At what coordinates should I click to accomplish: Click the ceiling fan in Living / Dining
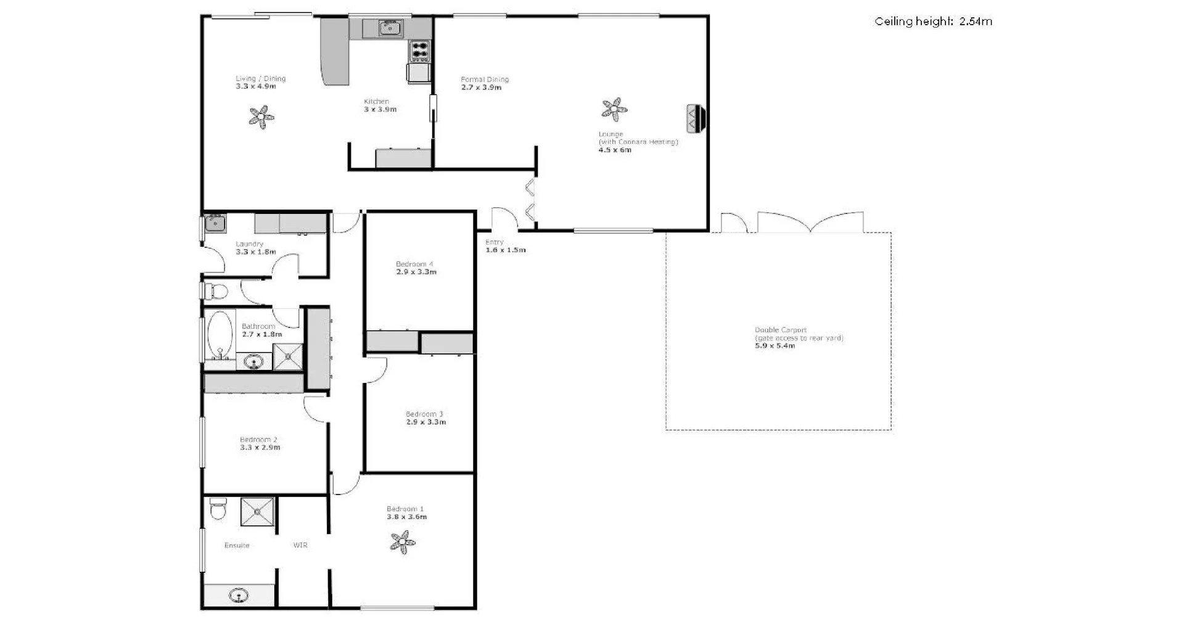[261, 117]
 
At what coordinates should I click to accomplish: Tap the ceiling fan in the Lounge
[614, 110]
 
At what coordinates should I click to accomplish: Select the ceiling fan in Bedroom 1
[403, 543]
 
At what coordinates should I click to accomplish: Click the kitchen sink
[390, 28]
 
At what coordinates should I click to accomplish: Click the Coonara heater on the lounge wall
[696, 118]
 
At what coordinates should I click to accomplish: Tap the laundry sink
[215, 222]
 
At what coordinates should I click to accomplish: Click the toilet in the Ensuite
[218, 509]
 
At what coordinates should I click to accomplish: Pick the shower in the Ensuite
[257, 512]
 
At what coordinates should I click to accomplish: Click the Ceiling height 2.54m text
[933, 22]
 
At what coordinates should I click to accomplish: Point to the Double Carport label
[780, 330]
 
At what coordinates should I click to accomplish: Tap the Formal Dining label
[485, 79]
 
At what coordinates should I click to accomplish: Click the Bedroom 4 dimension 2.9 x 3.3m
[416, 272]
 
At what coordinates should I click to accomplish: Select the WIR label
[300, 545]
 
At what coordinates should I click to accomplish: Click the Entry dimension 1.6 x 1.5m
[506, 250]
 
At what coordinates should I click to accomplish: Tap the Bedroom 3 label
[424, 414]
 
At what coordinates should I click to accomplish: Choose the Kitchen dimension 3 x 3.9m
[380, 110]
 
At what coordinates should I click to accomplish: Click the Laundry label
[249, 244]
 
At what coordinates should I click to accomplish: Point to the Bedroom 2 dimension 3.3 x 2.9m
[260, 448]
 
